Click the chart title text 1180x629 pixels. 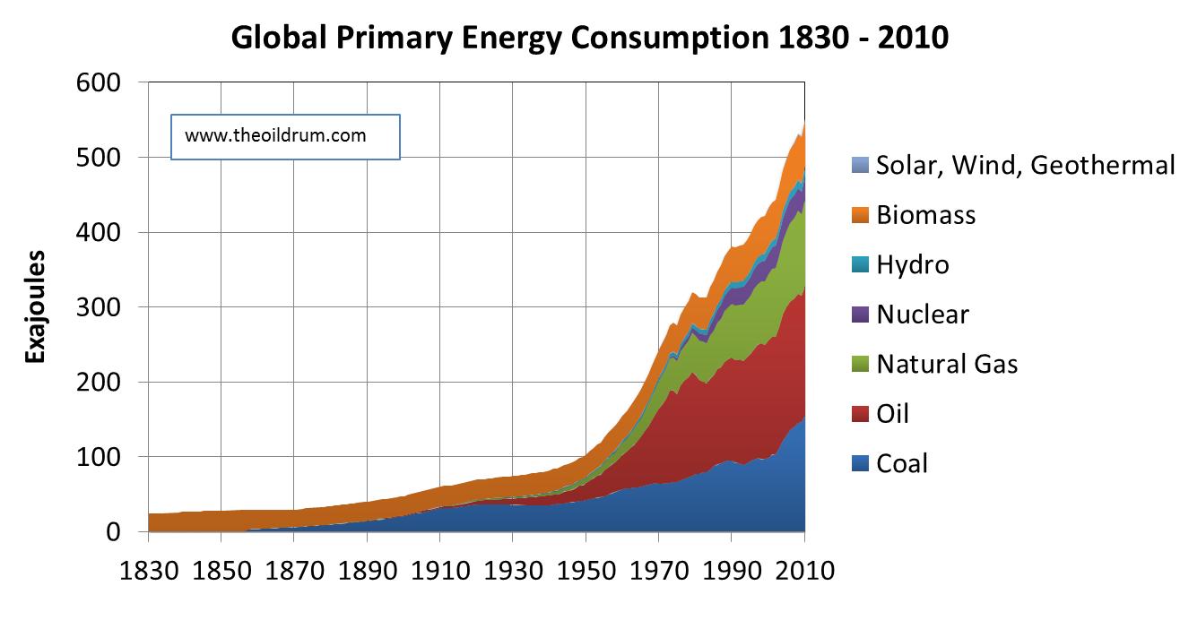point(590,39)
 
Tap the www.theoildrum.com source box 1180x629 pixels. point(285,136)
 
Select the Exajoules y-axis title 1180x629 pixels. point(36,306)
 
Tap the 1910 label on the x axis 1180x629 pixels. point(439,571)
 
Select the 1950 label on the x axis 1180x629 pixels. point(586,571)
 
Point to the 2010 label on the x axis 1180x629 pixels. point(804,571)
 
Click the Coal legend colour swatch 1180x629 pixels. point(860,463)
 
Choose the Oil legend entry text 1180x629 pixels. point(893,414)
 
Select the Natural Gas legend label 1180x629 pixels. point(947,364)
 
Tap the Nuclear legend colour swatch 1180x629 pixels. point(860,314)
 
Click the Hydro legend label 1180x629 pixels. point(913,264)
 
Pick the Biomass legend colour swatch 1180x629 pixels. point(860,215)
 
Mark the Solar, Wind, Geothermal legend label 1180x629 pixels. point(1025,165)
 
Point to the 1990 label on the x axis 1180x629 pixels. point(732,571)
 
